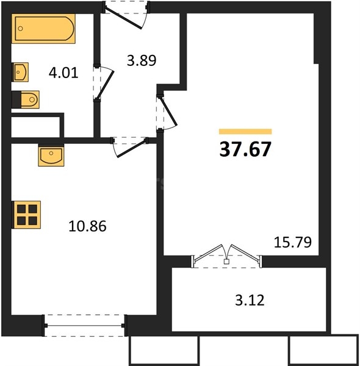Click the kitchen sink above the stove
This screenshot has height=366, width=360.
click(x=51, y=156)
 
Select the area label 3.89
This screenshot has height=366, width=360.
click(x=141, y=60)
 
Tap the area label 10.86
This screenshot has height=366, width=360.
click(x=88, y=227)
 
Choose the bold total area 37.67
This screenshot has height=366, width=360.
click(x=245, y=149)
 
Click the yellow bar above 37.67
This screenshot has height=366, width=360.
click(x=245, y=131)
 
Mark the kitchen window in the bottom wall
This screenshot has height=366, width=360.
click(x=84, y=325)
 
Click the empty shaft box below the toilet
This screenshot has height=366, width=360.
click(x=35, y=127)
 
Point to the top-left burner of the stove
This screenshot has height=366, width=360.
click(x=21, y=209)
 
